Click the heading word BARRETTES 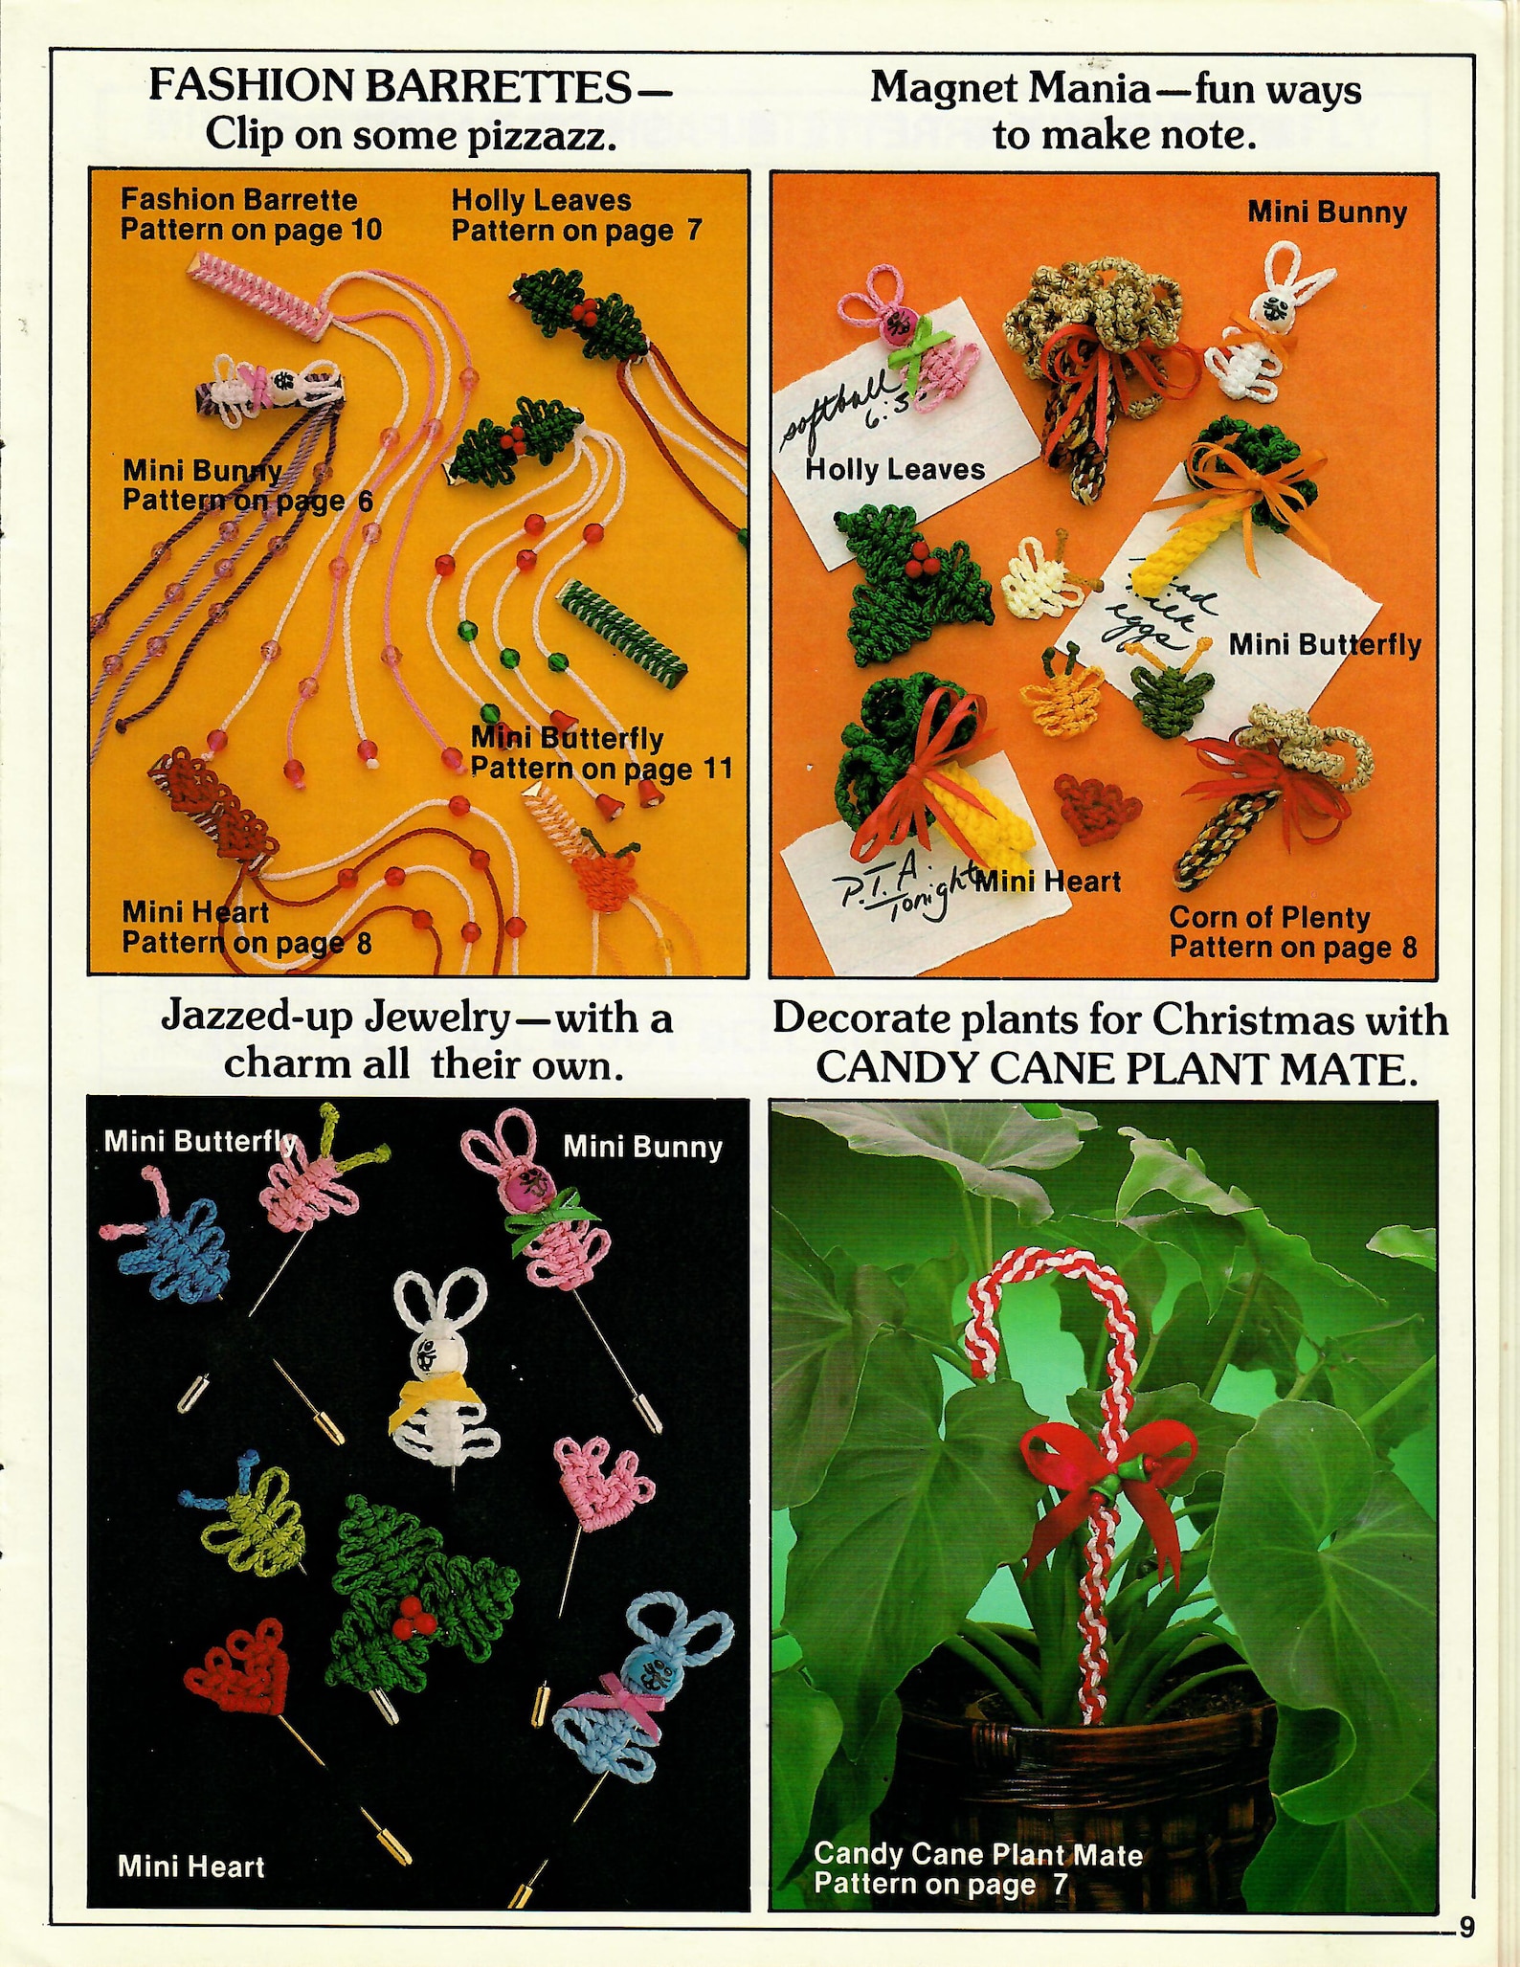[x=499, y=87]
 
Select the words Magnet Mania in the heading [x=1010, y=89]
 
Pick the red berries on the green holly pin [x=414, y=1614]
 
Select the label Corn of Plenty [x=1269, y=917]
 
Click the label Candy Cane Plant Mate [x=977, y=1854]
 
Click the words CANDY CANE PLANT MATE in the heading [x=1115, y=1067]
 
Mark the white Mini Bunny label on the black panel [x=641, y=1147]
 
